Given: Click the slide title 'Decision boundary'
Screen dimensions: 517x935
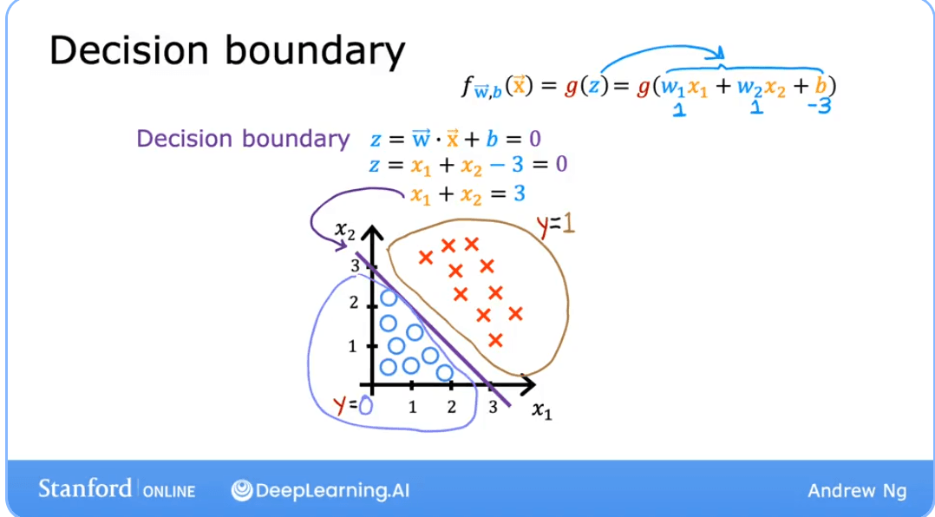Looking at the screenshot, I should pos(226,51).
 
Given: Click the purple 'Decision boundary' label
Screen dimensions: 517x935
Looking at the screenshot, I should pos(243,139).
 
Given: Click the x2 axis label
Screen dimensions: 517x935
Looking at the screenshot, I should pos(345,231).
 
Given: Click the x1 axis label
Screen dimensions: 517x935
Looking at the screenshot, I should pos(541,410).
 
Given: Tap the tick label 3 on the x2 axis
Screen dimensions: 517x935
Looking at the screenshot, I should pos(355,266).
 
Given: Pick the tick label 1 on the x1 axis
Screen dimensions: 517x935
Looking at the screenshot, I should pos(413,407).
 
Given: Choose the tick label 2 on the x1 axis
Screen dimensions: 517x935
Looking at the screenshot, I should pos(452,407).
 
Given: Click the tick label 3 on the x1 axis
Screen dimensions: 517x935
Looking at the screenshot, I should pos(493,409).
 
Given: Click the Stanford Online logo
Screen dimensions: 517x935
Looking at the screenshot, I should pos(116,488).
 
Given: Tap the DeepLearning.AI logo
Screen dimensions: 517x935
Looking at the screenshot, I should pos(319,490).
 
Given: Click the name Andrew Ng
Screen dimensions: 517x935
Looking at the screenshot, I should pos(856,491).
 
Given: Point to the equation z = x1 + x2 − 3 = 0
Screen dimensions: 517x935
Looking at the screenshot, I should pos(468,165).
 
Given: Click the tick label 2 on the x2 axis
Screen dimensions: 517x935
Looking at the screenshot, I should pos(354,303).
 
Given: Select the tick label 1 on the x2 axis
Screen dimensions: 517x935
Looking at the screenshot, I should pos(353,346).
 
